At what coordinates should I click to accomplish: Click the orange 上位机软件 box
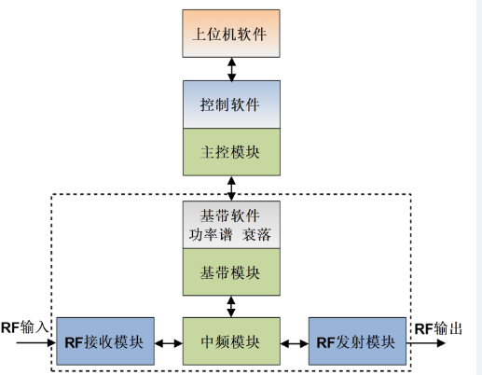[231, 34]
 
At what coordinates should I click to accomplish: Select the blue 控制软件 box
[231, 104]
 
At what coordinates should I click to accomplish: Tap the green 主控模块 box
[231, 152]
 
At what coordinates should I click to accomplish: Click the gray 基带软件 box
[231, 225]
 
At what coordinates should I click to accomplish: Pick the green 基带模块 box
[231, 272]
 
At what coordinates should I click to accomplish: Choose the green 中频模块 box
[231, 341]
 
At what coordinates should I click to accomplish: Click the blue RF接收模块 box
[105, 341]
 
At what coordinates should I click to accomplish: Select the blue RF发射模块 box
[357, 341]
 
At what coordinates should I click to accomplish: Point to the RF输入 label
[24, 327]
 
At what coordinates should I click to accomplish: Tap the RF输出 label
[438, 328]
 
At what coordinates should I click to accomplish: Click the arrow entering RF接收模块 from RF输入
[36, 342]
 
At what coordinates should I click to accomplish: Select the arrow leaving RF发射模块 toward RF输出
[426, 343]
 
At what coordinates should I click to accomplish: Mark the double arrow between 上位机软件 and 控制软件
[231, 69]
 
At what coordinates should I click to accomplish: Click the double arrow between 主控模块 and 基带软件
[231, 188]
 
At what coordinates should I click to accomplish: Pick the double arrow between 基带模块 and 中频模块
[231, 307]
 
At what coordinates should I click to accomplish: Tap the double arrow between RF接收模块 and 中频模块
[169, 343]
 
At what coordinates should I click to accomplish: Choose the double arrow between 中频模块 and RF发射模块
[295, 343]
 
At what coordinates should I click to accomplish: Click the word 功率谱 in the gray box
[211, 234]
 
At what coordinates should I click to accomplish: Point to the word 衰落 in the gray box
[256, 234]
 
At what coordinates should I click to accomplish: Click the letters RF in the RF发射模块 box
[325, 342]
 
